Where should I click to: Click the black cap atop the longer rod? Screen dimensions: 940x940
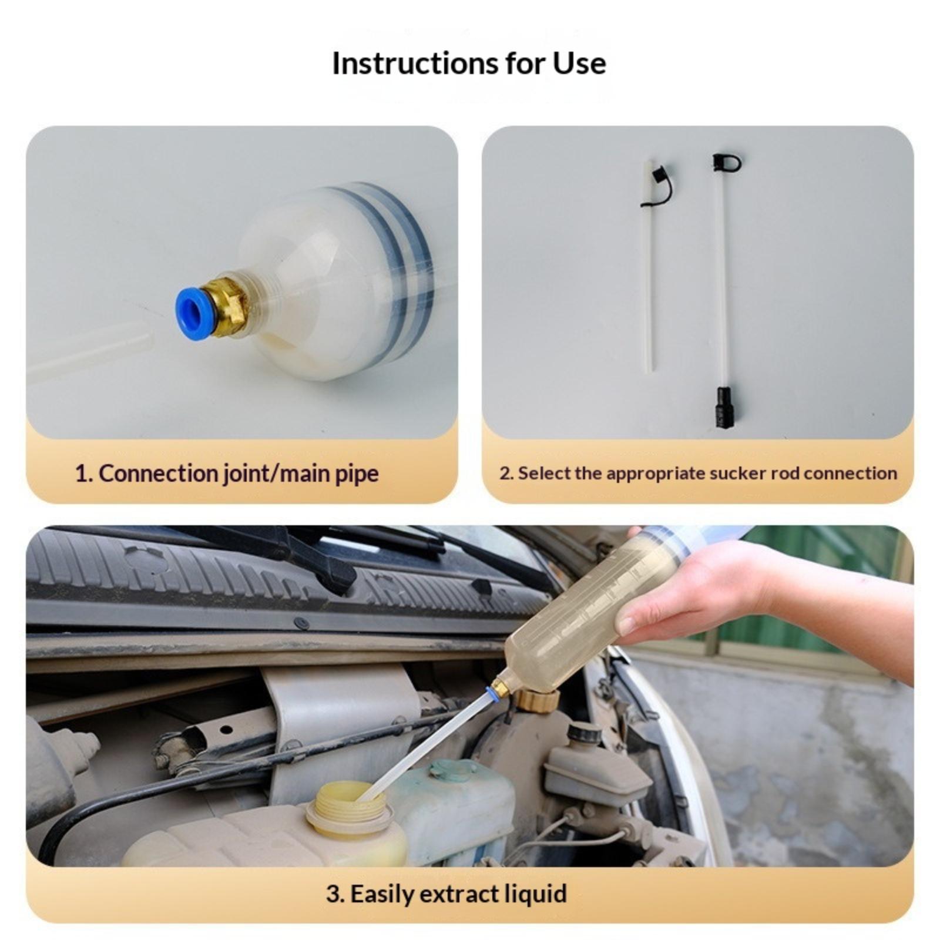pos(726,162)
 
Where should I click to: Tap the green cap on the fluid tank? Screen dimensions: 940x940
pos(452,770)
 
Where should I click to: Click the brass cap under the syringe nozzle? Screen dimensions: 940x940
pos(536,700)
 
